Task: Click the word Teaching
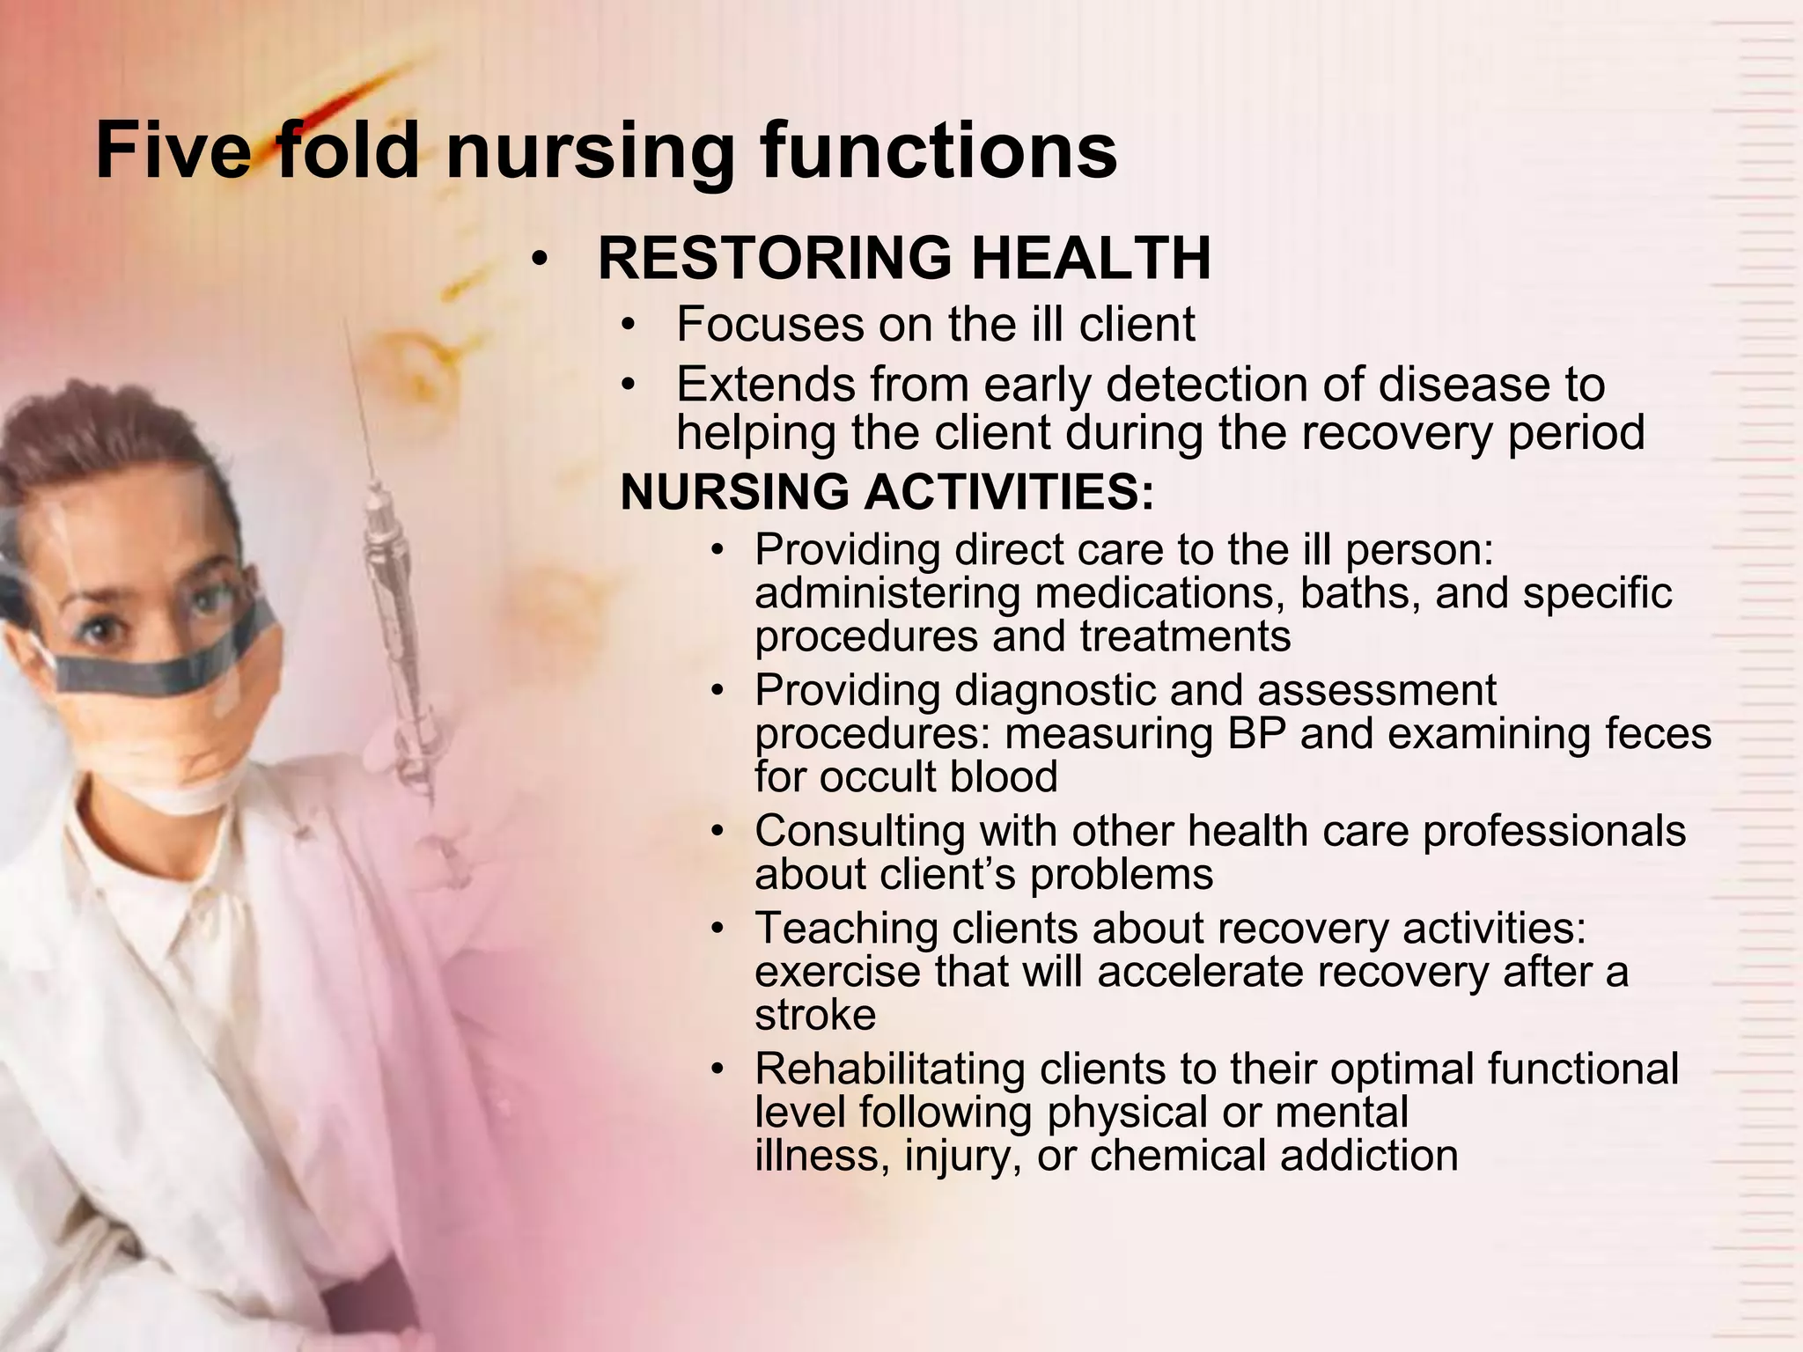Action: point(846,929)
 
